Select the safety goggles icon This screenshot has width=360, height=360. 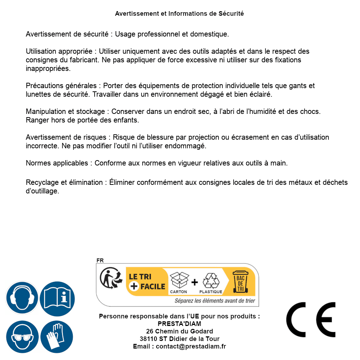tap(22, 337)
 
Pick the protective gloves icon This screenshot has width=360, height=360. tap(57, 337)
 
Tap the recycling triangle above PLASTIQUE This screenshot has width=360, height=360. tap(211, 280)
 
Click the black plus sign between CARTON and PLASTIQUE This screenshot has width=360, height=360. tap(195, 282)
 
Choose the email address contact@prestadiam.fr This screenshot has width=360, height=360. tap(191, 346)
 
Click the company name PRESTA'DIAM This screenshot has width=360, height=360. tap(179, 324)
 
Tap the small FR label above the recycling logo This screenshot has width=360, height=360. tap(100, 260)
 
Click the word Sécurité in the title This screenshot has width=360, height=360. tap(231, 14)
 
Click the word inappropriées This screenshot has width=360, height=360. tap(48, 68)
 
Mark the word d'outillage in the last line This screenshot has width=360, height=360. tap(42, 191)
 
